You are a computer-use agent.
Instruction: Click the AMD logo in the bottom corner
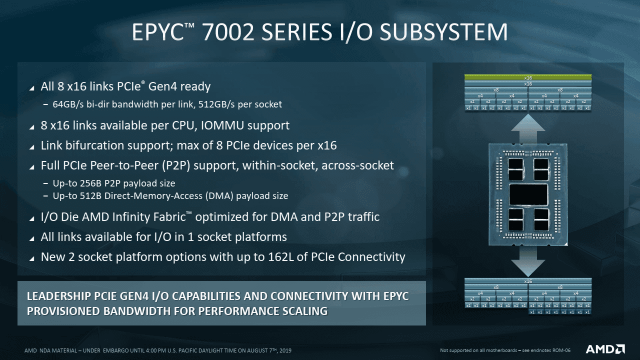pos(605,349)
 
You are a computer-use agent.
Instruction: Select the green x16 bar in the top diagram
pos(528,77)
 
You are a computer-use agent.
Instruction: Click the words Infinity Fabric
pos(154,217)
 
